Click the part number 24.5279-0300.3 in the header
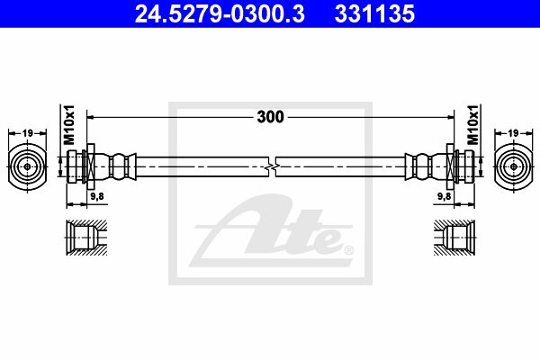(x=220, y=14)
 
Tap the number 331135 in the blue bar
(x=374, y=14)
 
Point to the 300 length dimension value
(x=270, y=117)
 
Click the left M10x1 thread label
(x=69, y=124)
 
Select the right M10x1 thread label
(x=473, y=124)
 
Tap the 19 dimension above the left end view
(x=27, y=133)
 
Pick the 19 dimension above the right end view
(x=513, y=133)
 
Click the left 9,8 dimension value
(x=97, y=196)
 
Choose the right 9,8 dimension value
(x=445, y=196)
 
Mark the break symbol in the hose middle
(x=272, y=167)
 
